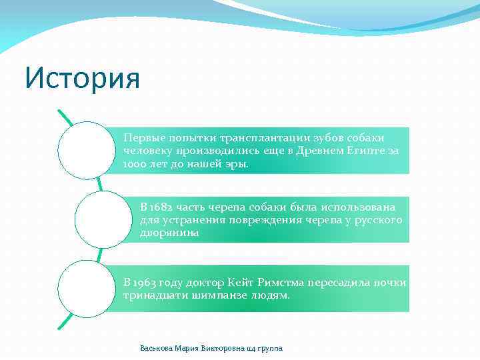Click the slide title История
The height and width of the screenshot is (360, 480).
(82, 79)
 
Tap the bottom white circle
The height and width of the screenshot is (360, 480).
(86, 288)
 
